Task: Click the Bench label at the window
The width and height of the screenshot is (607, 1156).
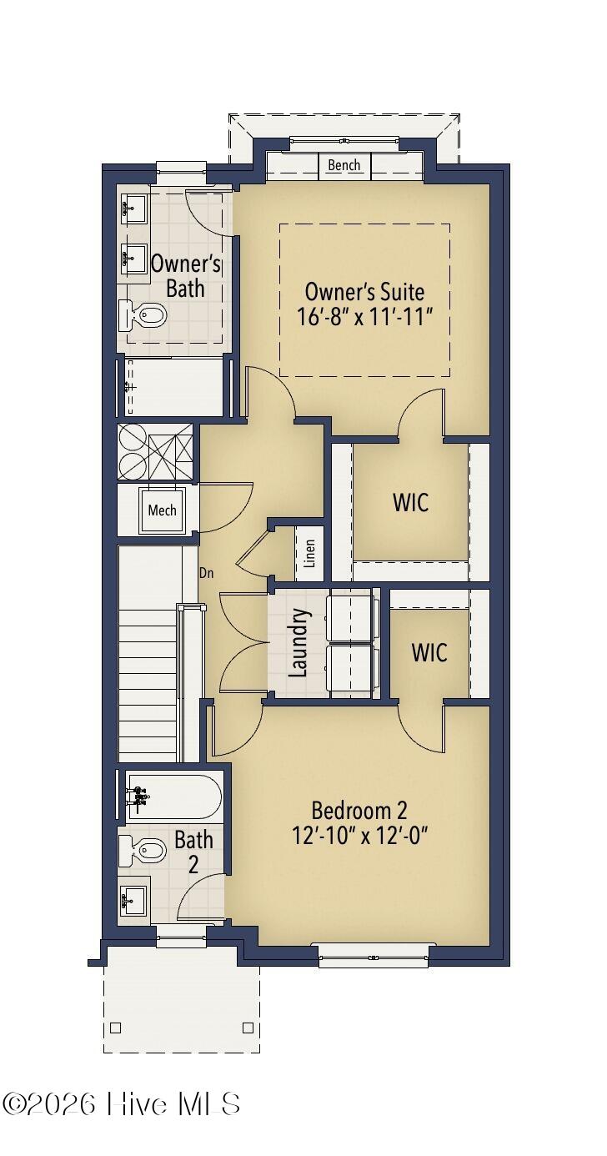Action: tap(344, 165)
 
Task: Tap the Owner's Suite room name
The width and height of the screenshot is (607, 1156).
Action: tap(364, 292)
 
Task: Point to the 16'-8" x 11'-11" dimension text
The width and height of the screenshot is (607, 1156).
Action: tap(364, 317)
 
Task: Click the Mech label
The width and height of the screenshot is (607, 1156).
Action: tap(162, 510)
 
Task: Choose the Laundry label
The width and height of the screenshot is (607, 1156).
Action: tap(299, 642)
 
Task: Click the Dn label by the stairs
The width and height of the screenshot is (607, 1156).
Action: tap(207, 573)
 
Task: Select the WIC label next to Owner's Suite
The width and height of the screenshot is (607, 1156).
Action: tap(410, 503)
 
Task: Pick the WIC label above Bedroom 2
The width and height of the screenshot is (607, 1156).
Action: tap(429, 652)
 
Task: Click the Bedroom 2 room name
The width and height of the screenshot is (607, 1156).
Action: tap(359, 810)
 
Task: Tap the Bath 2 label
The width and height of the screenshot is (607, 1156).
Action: tap(193, 852)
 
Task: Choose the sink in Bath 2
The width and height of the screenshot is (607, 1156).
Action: tap(133, 901)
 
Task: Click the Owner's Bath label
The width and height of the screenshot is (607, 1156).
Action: tap(185, 276)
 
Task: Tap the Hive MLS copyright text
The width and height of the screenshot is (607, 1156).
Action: tap(122, 1103)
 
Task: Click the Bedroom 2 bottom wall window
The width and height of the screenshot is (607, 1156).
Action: tap(373, 955)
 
